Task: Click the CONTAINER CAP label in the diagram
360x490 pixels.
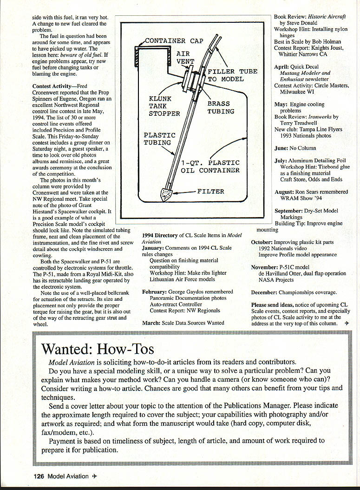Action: click(x=174, y=41)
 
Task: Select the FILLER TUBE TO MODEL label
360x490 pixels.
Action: click(x=232, y=75)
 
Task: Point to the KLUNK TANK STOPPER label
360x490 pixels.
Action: click(x=164, y=106)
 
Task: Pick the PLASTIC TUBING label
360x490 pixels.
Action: click(x=159, y=139)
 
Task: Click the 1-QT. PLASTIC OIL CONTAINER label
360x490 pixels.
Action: click(x=210, y=166)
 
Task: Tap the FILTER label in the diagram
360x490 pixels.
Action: click(x=210, y=191)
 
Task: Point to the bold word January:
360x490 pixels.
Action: click(x=153, y=248)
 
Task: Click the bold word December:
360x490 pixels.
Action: click(x=264, y=292)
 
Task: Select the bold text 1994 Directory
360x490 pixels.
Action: click(x=160, y=236)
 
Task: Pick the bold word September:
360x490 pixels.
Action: click(x=288, y=211)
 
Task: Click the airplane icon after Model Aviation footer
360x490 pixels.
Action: click(x=94, y=476)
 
